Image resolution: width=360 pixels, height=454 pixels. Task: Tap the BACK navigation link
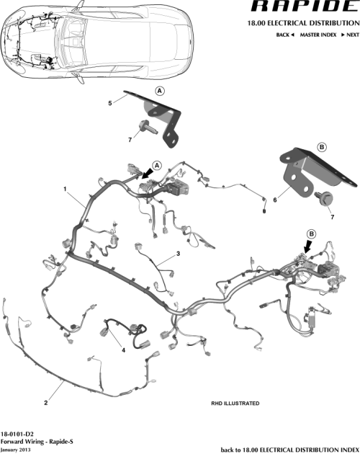pos(286,35)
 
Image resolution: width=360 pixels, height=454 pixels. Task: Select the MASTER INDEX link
pos(320,35)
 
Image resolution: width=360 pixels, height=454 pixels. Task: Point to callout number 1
pos(66,190)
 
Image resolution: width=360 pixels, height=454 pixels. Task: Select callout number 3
pos(178,254)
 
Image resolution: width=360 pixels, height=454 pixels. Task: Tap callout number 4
pos(123,350)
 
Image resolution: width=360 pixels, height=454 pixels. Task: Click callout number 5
pos(109,103)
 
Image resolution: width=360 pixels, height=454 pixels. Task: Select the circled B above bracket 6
pos(322,147)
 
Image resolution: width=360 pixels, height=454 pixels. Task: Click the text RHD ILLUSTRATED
pos(235,404)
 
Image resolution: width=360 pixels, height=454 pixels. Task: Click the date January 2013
pos(17,449)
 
